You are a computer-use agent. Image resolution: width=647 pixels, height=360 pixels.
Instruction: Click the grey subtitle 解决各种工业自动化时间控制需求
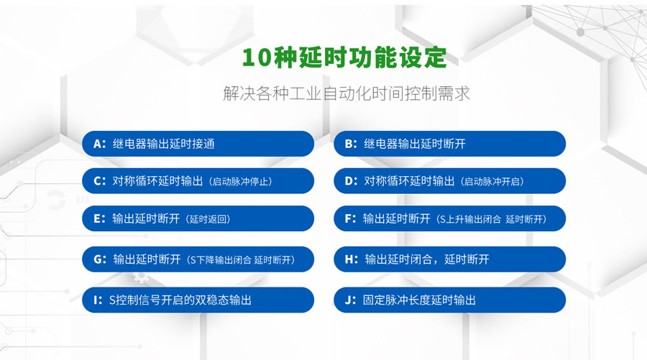347,94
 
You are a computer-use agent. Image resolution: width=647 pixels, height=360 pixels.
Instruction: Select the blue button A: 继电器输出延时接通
198,144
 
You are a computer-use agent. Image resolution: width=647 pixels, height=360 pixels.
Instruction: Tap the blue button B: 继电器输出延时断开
449,144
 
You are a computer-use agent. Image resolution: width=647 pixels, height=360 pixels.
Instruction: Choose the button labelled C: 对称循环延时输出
198,181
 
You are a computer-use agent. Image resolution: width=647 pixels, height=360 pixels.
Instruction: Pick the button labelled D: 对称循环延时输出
449,181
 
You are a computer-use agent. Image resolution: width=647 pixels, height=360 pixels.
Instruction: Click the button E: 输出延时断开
198,218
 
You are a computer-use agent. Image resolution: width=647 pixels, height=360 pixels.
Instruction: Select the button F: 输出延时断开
449,218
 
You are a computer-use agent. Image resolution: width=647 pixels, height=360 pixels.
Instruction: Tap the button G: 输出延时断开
198,259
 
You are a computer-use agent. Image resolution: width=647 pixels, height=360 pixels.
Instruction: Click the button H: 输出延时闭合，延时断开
449,259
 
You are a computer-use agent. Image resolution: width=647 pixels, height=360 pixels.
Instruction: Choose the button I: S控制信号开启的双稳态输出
198,300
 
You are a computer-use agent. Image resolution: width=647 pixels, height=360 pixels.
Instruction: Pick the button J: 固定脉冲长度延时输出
449,300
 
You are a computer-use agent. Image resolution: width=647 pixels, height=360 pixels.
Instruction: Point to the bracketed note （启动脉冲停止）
241,182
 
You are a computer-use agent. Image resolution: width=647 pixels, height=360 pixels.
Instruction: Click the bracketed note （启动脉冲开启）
492,182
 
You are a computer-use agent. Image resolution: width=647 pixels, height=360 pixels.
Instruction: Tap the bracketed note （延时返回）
208,219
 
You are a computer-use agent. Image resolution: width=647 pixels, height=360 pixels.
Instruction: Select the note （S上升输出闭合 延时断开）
492,219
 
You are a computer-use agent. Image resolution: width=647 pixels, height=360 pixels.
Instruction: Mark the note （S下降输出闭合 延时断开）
241,260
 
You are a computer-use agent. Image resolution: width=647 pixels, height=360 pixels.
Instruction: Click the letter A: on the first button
100,144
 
